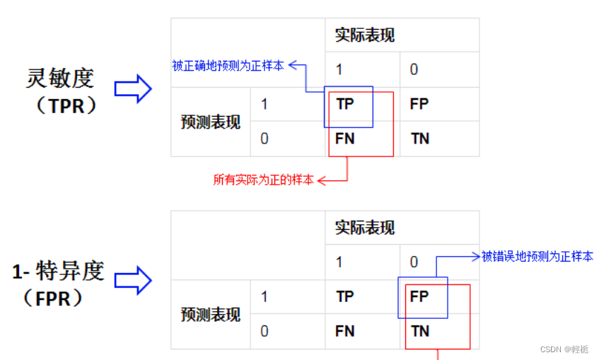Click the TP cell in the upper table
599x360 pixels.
coord(345,104)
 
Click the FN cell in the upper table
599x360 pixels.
coord(345,139)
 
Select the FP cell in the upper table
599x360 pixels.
coord(419,104)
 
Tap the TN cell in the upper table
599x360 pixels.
coord(420,139)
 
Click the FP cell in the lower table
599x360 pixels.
coord(419,296)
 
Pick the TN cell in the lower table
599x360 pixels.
coord(420,331)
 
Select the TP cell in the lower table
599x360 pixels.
coord(345,296)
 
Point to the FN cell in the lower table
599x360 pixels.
coord(345,331)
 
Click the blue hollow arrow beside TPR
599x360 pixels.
coord(134,89)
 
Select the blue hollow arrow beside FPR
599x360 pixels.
coord(134,281)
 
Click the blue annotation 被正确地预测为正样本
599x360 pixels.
coord(228,66)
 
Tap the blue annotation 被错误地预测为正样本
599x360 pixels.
coord(537,257)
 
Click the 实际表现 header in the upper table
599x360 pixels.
coord(365,35)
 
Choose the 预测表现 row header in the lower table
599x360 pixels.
coord(210,314)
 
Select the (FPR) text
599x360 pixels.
coord(58,298)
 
